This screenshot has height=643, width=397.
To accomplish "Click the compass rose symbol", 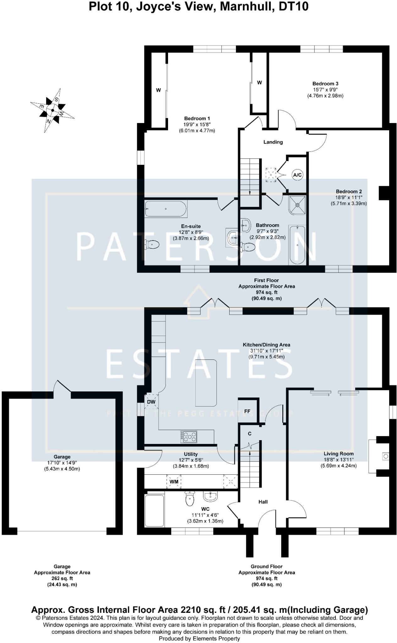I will pos(52,110).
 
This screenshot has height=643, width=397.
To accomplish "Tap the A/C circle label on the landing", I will pos(297,175).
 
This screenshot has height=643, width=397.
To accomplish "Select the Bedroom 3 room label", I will pos(325,84).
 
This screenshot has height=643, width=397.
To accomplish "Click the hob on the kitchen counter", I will pos(189,437).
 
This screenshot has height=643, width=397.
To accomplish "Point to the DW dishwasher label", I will pos(151,402).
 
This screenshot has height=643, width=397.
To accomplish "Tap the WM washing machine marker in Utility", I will pos(174,481).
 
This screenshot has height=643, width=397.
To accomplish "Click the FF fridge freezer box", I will pos(247,411).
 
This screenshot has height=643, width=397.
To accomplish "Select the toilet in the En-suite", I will pos(152,244).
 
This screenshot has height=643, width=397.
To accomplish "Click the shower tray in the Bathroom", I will pos(297,205).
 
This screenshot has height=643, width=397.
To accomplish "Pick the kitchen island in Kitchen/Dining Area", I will pos(206,383).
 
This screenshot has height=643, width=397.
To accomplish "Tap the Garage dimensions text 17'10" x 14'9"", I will pos(62,463).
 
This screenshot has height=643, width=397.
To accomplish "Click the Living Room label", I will pos(339,453).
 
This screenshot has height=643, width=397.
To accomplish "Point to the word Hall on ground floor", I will pos(263,502).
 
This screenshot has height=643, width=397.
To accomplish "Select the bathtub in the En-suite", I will pos(166,209).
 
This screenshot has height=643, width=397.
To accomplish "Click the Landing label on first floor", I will pos(273,142).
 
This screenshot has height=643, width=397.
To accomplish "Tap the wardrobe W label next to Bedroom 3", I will pos(259,83).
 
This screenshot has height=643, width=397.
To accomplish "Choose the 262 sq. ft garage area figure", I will pos(62,578).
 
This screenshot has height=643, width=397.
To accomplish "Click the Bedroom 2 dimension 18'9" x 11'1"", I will pos(349,197).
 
